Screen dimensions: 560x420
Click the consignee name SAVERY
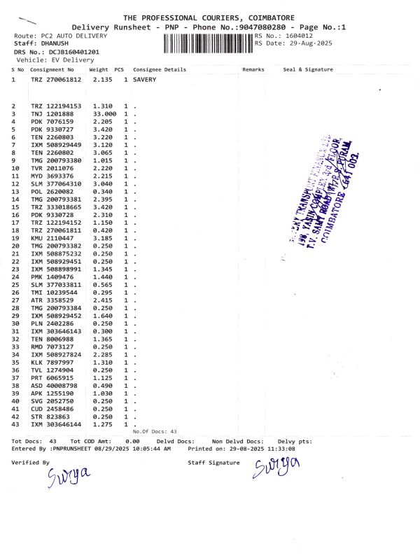coord(145,80)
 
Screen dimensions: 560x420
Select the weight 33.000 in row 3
coord(104,113)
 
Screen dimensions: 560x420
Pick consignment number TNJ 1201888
coord(52,113)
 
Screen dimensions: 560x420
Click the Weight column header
coord(99,70)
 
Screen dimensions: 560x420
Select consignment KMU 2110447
coord(52,239)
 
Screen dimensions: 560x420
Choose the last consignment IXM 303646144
coord(56,424)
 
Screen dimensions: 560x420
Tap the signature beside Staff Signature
coord(276,467)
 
